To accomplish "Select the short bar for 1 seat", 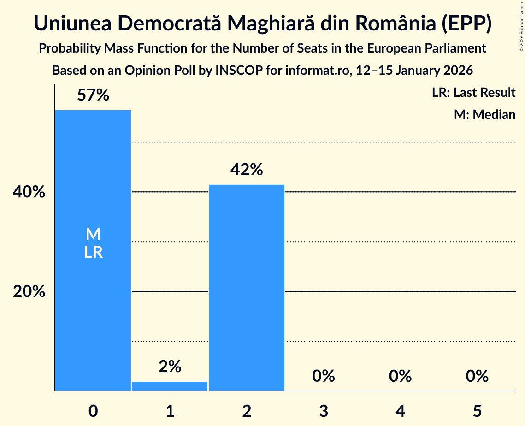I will pyautogui.click(x=170, y=386).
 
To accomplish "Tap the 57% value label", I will pyautogui.click(x=93, y=95).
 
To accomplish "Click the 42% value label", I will pyautogui.click(x=247, y=170).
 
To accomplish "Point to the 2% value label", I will pyautogui.click(x=170, y=367).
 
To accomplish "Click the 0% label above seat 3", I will pyautogui.click(x=323, y=376).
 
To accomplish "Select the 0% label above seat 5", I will pyautogui.click(x=477, y=376).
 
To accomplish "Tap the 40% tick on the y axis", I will pyautogui.click(x=29, y=192).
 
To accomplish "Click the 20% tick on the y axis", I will pyautogui.click(x=29, y=292).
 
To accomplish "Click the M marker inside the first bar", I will pyautogui.click(x=93, y=235).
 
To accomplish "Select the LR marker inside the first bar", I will pyautogui.click(x=93, y=253).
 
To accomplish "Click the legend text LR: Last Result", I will pyautogui.click(x=473, y=93).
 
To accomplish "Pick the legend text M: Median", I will pyautogui.click(x=484, y=114).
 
